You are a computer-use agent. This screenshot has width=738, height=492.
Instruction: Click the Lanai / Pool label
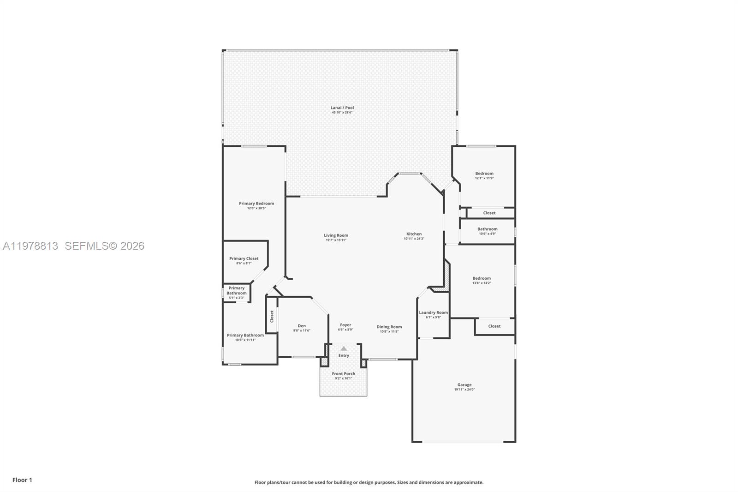click(x=342, y=108)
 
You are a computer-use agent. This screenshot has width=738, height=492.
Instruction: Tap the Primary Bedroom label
click(x=256, y=204)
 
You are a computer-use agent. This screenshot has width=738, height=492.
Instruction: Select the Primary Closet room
click(x=244, y=259)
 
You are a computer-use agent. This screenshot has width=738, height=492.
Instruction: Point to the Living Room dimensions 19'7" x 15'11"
click(x=336, y=240)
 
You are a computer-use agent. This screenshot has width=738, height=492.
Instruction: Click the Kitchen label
click(x=414, y=234)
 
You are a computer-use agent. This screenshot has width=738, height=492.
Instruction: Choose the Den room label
click(x=302, y=326)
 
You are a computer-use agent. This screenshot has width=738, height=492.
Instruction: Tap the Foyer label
click(x=345, y=325)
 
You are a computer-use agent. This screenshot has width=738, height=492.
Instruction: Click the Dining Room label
click(x=389, y=327)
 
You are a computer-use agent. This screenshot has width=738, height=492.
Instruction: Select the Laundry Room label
click(x=433, y=312)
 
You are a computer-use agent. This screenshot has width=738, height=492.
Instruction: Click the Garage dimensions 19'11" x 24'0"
click(x=464, y=390)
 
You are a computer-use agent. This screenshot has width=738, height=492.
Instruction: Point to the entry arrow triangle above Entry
click(x=344, y=348)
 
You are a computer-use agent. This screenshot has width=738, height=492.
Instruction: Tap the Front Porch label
click(x=344, y=374)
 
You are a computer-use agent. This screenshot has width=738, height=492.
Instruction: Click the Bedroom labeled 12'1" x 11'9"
click(x=484, y=174)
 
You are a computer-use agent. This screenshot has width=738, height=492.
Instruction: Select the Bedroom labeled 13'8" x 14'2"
click(x=482, y=278)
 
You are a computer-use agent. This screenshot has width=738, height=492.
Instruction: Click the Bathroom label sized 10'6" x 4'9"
click(x=488, y=229)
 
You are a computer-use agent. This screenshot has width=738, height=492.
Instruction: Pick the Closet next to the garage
click(x=494, y=326)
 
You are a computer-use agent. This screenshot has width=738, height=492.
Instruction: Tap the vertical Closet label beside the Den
click(x=272, y=316)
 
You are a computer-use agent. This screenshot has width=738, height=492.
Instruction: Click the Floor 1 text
click(x=22, y=480)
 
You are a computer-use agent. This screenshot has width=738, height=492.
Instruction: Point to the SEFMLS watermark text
click(x=104, y=246)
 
